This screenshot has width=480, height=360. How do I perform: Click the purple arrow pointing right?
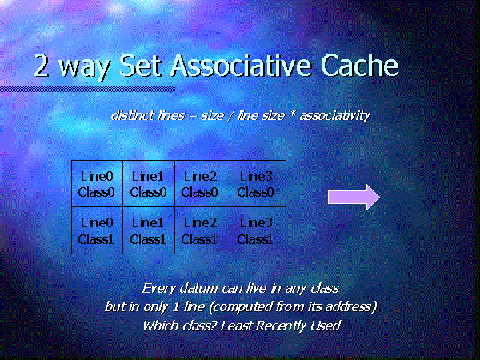(x=354, y=197)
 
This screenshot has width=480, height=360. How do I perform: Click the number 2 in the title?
(x=42, y=66)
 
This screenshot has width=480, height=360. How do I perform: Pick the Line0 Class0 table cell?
(x=97, y=184)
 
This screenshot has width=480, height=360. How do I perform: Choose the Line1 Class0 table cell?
(x=149, y=184)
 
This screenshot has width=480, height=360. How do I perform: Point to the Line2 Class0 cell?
(x=199, y=184)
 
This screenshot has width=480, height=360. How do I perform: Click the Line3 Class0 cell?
(x=256, y=184)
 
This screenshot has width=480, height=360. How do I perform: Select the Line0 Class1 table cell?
(x=97, y=230)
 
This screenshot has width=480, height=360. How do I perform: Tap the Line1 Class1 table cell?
(x=149, y=230)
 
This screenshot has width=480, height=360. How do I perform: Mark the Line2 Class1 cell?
(x=199, y=230)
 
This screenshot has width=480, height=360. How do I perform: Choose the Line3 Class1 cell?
(x=256, y=230)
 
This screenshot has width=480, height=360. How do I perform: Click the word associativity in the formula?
(x=335, y=116)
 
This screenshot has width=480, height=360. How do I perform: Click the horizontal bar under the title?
(x=87, y=89)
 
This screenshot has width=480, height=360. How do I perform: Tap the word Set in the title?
(x=140, y=66)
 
